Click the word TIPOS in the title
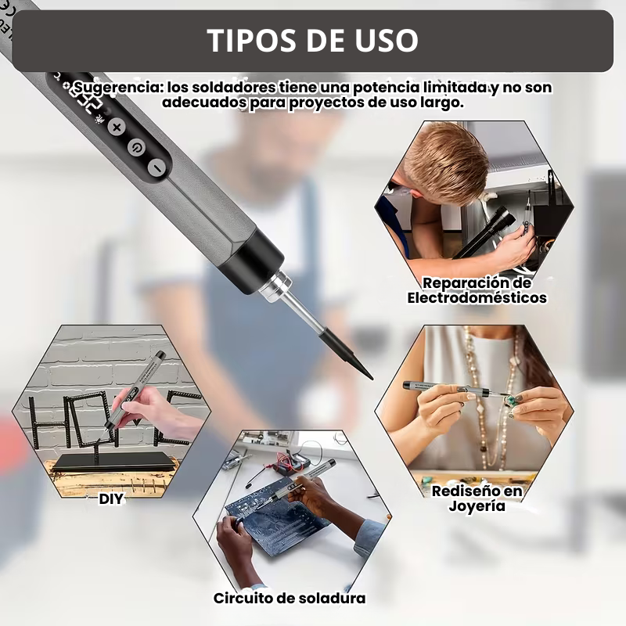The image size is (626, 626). [252, 41]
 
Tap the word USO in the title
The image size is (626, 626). [386, 41]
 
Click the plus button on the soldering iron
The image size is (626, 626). [117, 128]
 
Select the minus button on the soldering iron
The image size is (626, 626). [157, 167]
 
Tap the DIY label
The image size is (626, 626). [111, 498]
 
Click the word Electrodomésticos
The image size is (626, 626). [477, 297]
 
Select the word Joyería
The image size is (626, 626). [477, 505]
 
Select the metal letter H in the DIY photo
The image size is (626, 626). [45, 422]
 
